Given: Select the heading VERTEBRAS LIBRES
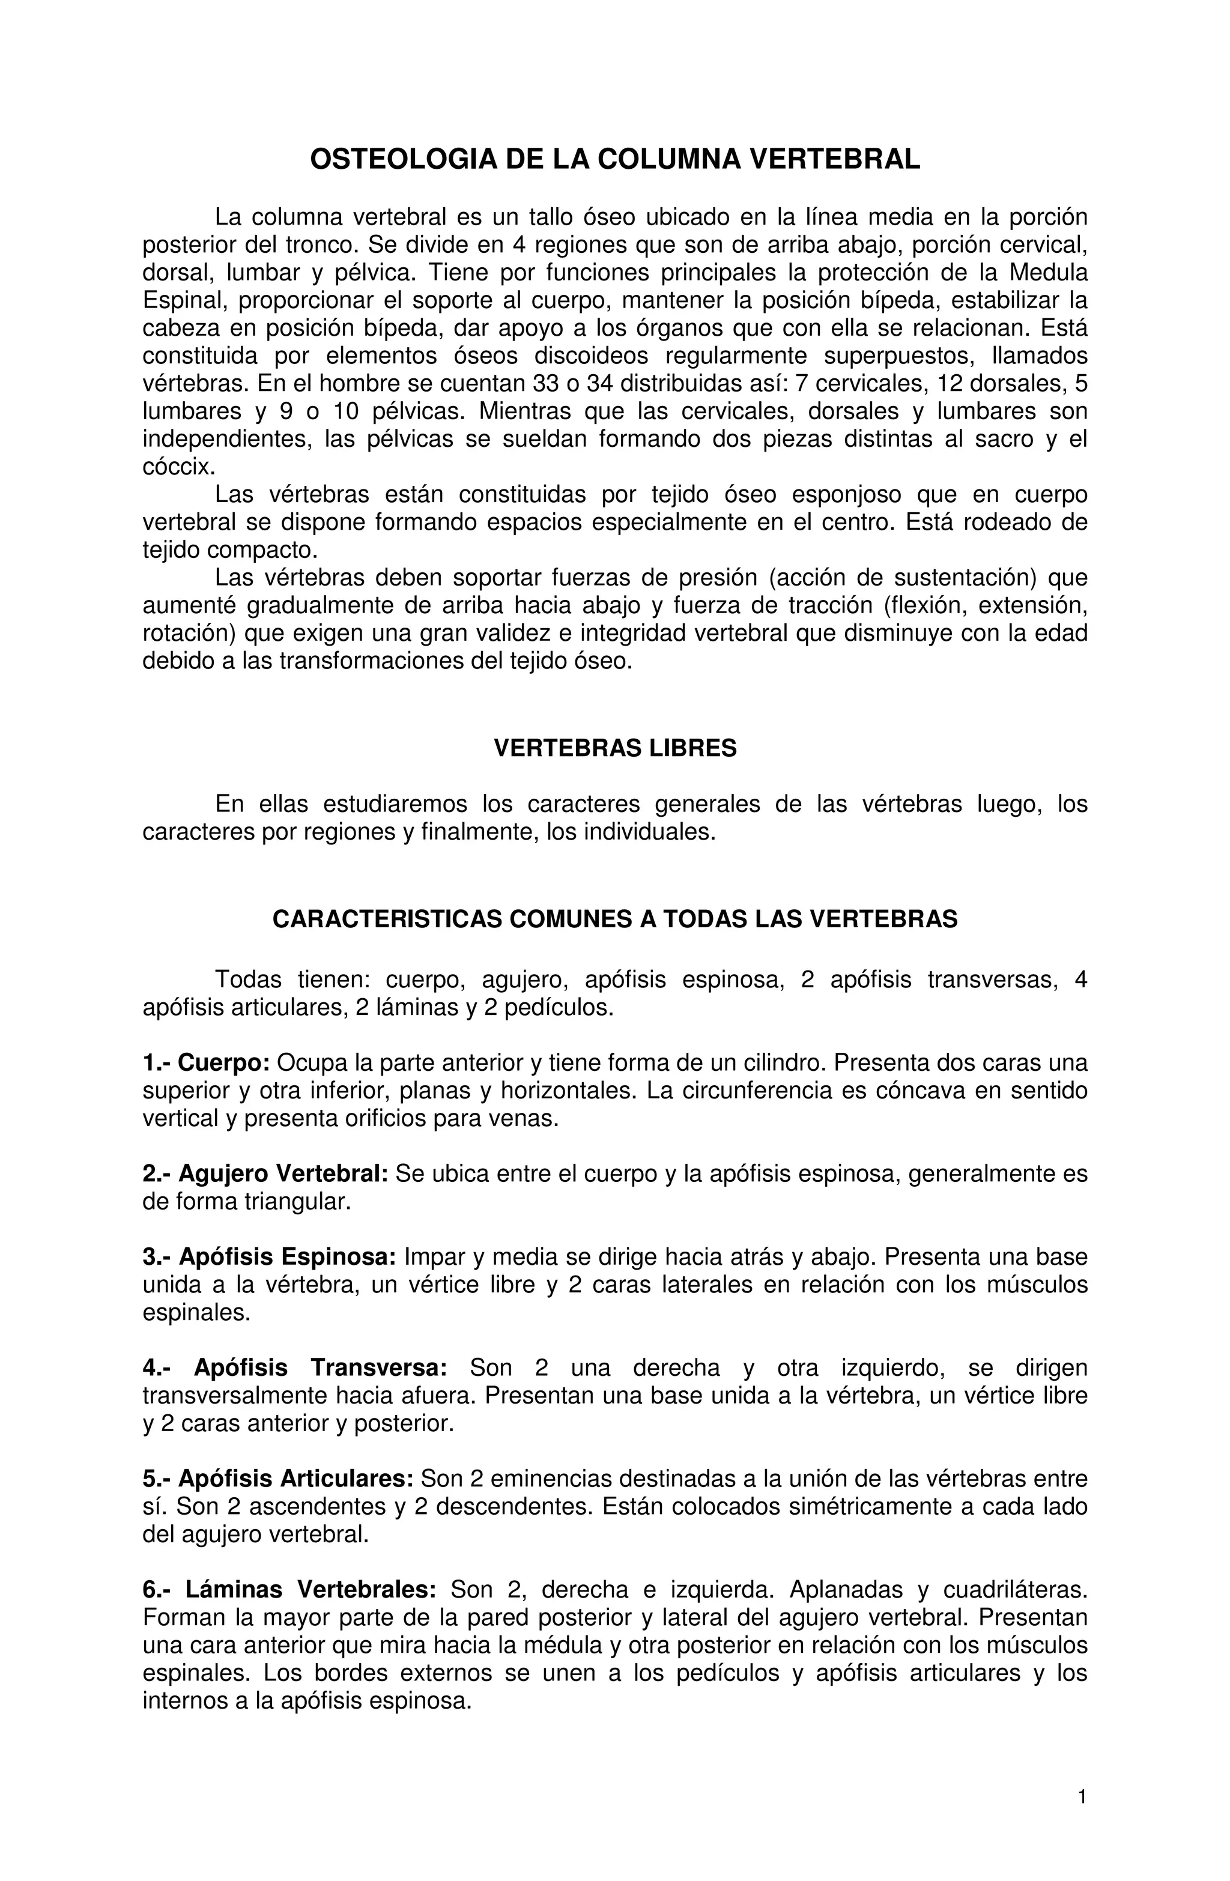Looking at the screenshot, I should pyautogui.click(x=614, y=748).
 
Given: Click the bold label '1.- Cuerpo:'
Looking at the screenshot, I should pyautogui.click(x=207, y=1063).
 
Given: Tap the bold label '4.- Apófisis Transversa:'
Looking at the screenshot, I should pyautogui.click(x=295, y=1368).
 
